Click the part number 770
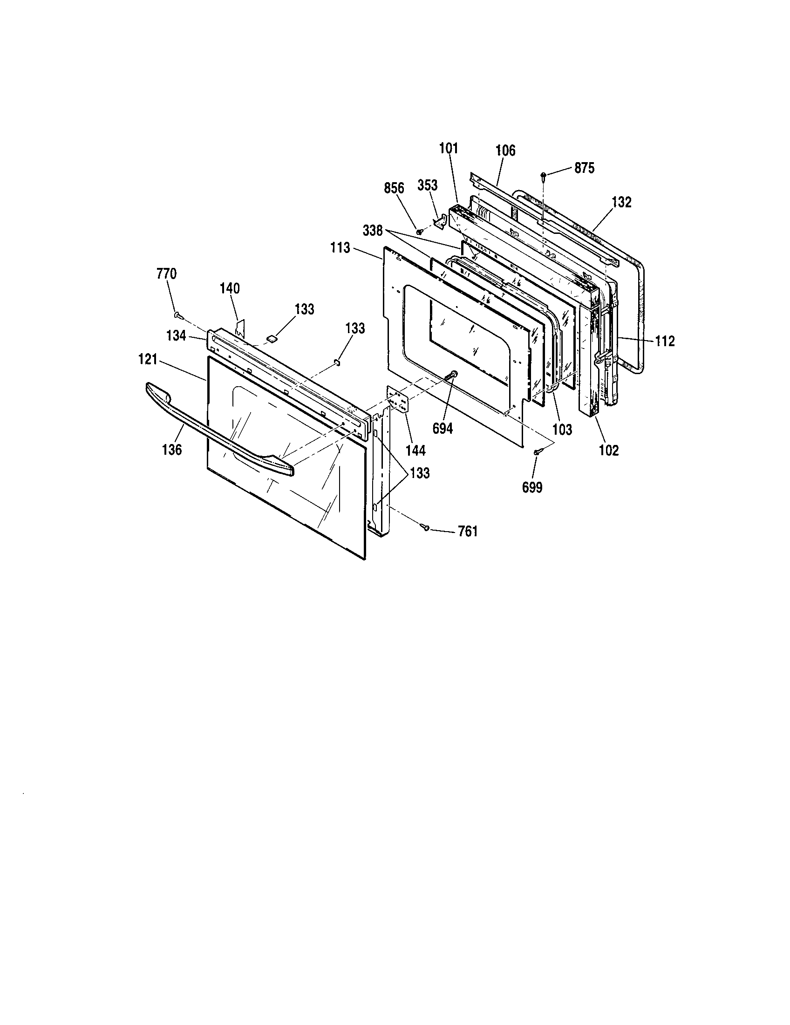coord(167,273)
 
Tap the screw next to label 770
coord(177,314)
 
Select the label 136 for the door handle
coord(172,450)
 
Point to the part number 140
coord(230,288)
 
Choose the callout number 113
coord(340,247)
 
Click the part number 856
coord(394,188)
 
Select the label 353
coord(427,185)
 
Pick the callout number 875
coord(585,168)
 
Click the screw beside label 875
coord(543,176)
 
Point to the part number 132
coord(621,202)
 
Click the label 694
coord(443,428)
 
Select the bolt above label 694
coord(453,375)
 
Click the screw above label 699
coord(537,451)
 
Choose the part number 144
coord(415,451)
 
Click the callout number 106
coord(505,150)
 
